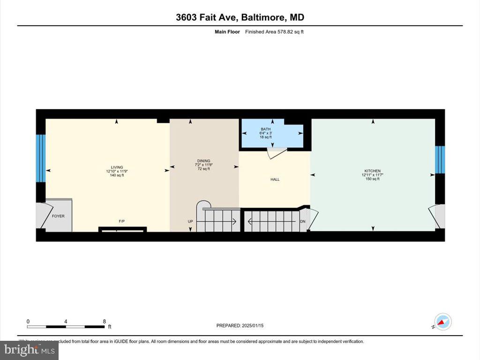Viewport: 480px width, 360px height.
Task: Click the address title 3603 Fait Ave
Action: tap(240, 18)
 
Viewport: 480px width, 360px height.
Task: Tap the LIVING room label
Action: tap(117, 167)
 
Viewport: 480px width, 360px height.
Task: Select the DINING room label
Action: tap(203, 161)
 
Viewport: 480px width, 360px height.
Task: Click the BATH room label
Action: tap(265, 129)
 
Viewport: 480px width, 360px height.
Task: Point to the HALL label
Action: tap(275, 179)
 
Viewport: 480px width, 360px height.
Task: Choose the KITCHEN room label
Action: tap(373, 171)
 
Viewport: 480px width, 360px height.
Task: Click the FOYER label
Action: tap(58, 216)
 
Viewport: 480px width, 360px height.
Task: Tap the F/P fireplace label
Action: tap(121, 221)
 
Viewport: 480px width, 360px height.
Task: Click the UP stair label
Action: tap(190, 221)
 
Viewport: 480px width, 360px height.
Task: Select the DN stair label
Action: tap(303, 221)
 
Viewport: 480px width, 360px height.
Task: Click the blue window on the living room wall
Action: tap(41, 158)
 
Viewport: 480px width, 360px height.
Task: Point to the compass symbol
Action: tap(442, 322)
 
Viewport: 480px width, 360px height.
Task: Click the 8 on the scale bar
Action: tap(104, 321)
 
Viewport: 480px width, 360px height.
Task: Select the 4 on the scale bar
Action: tap(66, 321)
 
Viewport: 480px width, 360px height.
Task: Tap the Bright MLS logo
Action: tap(30, 350)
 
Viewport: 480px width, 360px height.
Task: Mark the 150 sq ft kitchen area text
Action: tap(373, 179)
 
